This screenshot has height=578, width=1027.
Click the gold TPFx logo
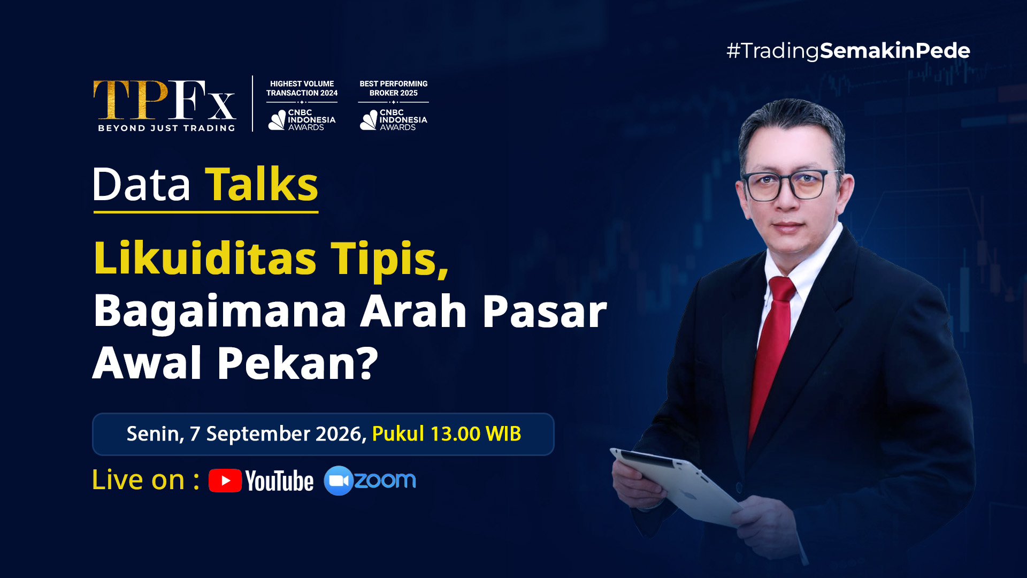pyautogui.click(x=165, y=100)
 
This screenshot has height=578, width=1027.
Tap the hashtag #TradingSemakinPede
pyautogui.click(x=848, y=51)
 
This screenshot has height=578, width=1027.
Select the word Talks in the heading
pyautogui.click(x=262, y=184)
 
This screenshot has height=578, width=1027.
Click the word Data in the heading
pyautogui.click(x=141, y=184)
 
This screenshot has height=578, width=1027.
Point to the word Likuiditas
pyautogui.click(x=205, y=258)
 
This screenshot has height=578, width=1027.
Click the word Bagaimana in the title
pyautogui.click(x=220, y=311)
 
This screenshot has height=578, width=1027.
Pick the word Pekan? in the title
pyautogui.click(x=297, y=363)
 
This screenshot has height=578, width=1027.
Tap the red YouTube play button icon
pyautogui.click(x=225, y=481)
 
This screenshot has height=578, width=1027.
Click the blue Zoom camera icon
pyautogui.click(x=338, y=481)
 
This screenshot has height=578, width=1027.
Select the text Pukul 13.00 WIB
pyautogui.click(x=446, y=433)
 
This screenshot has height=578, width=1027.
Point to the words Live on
pyautogui.click(x=139, y=480)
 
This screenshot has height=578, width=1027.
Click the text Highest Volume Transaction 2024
pyautogui.click(x=302, y=88)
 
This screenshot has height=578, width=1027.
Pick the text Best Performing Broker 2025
pyautogui.click(x=394, y=88)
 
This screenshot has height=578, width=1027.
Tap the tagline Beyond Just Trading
pyautogui.click(x=166, y=128)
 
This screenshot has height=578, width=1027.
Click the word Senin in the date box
pyautogui.click(x=155, y=434)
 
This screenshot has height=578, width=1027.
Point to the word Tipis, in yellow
pyautogui.click(x=389, y=259)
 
